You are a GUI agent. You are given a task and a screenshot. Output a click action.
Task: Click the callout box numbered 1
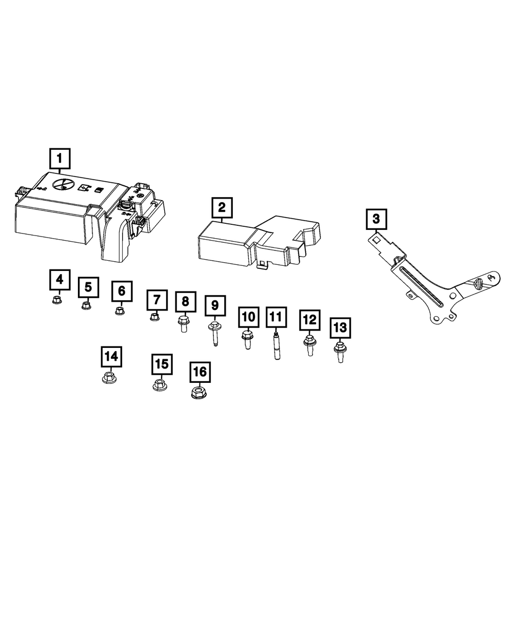pyautogui.click(x=60, y=159)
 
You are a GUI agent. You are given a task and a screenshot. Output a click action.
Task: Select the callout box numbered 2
pyautogui.click(x=222, y=208)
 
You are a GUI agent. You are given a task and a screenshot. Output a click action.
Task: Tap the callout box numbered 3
pyautogui.click(x=377, y=220)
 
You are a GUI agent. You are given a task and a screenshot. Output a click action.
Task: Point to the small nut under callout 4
pyautogui.click(x=57, y=299)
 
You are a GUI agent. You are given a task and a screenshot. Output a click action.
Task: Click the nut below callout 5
pyautogui.click(x=87, y=306)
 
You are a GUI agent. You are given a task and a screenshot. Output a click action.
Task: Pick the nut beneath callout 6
pyautogui.click(x=120, y=310)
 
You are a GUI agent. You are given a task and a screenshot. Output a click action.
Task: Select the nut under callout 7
pyautogui.click(x=154, y=318)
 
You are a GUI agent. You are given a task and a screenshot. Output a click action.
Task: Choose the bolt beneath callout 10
pyautogui.click(x=247, y=340)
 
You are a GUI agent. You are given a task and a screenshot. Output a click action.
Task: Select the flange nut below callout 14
pyautogui.click(x=109, y=378)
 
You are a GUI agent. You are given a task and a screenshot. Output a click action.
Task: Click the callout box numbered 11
pyautogui.click(x=275, y=318)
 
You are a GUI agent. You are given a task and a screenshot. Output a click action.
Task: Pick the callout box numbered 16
pyautogui.click(x=200, y=372)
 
